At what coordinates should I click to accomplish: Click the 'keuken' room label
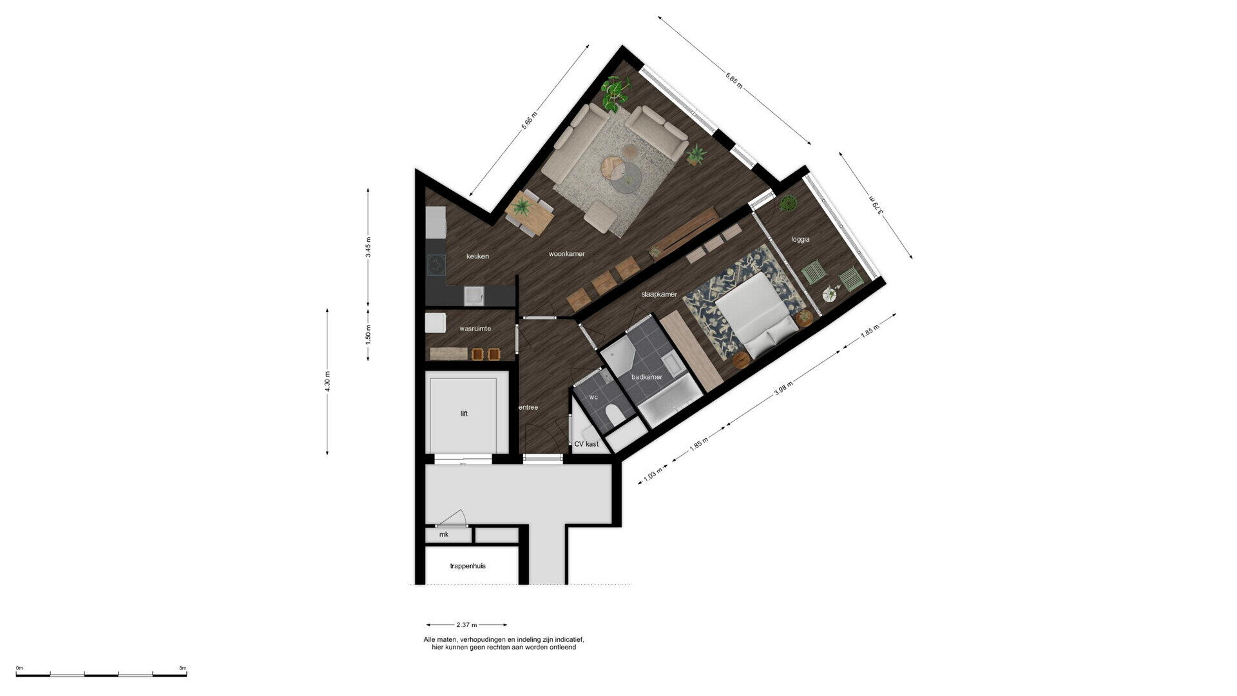(477, 256)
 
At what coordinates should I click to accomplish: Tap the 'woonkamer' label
(567, 254)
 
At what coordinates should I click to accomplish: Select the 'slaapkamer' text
(659, 295)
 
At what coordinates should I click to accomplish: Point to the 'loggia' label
(800, 240)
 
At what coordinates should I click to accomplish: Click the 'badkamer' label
(647, 377)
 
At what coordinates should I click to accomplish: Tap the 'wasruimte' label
(475, 329)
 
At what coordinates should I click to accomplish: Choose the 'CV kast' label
(586, 444)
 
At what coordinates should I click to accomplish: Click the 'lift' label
(464, 414)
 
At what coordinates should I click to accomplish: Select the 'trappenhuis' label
(468, 566)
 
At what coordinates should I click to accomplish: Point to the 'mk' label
(444, 535)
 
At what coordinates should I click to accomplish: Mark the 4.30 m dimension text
(327, 382)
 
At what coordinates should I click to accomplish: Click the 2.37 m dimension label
(466, 625)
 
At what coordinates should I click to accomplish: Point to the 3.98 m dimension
(783, 388)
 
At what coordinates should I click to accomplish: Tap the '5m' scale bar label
(183, 668)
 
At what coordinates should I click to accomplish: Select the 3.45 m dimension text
(369, 247)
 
